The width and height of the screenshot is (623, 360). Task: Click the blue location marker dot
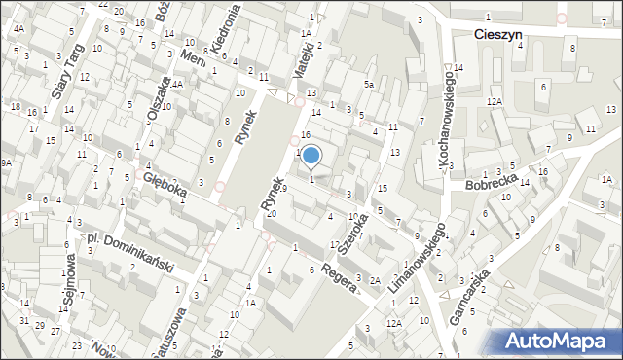point(311,154)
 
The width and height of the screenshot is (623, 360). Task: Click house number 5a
point(369,85)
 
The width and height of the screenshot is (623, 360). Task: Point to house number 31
point(23,320)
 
